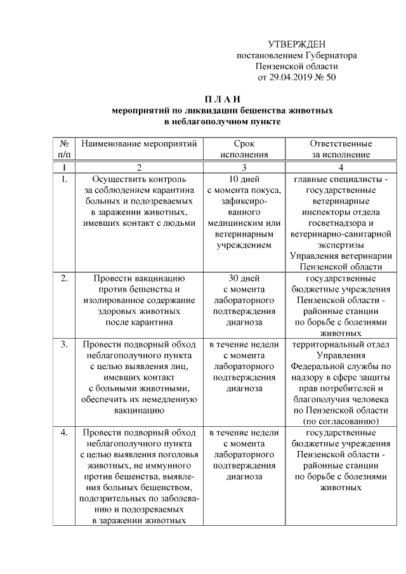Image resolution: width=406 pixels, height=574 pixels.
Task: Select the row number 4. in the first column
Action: click(64, 433)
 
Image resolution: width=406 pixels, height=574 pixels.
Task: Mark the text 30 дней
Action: click(244, 278)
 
